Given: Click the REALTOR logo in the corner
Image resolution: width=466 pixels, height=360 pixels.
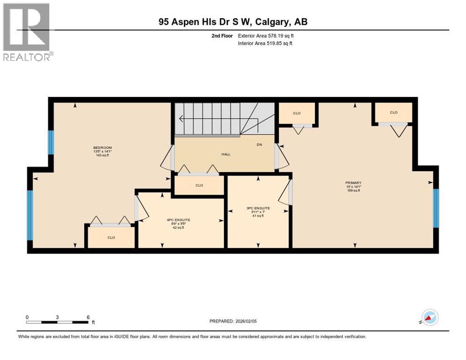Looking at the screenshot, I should (x=26, y=32).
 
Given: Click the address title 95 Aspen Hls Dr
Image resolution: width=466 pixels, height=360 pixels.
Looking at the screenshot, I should (x=233, y=22).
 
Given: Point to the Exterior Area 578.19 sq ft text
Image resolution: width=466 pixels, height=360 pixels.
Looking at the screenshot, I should (x=266, y=36).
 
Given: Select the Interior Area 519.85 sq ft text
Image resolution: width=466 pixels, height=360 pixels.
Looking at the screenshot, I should (x=265, y=44).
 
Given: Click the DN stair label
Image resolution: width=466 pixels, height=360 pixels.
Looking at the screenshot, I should (x=259, y=144).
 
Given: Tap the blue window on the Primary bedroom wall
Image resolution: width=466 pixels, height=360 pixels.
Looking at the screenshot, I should (x=436, y=207).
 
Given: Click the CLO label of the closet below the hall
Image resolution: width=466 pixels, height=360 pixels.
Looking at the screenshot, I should (x=199, y=185).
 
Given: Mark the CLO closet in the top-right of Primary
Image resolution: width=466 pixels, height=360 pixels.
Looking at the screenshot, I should (x=393, y=112).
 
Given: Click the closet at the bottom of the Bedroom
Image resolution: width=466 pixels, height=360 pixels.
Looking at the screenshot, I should (x=111, y=237).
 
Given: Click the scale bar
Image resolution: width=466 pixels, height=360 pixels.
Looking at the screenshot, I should (x=57, y=322).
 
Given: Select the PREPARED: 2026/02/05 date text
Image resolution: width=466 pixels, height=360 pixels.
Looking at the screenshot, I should (x=233, y=321).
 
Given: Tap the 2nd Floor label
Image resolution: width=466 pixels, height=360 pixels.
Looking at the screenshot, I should (x=222, y=36).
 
